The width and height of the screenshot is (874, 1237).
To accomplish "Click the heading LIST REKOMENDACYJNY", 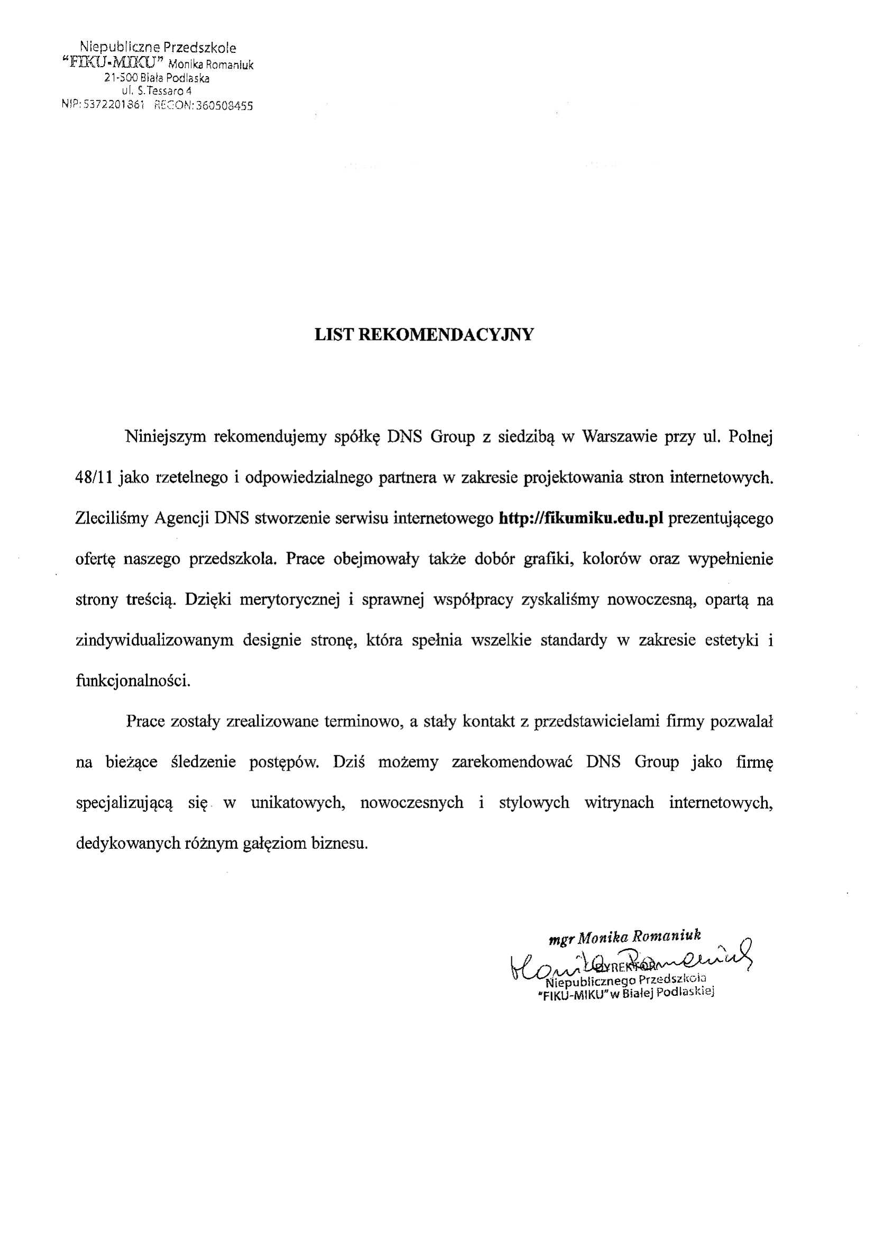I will coord(424,335).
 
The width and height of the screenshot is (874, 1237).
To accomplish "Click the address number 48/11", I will coord(94,478).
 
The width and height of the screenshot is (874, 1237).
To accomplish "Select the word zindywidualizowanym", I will coord(154,640).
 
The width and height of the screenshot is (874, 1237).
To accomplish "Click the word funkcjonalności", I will coord(133,681).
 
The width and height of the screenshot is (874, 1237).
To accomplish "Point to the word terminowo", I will coord(364,722).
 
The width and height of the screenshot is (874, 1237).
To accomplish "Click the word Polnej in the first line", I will coord(751,437).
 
